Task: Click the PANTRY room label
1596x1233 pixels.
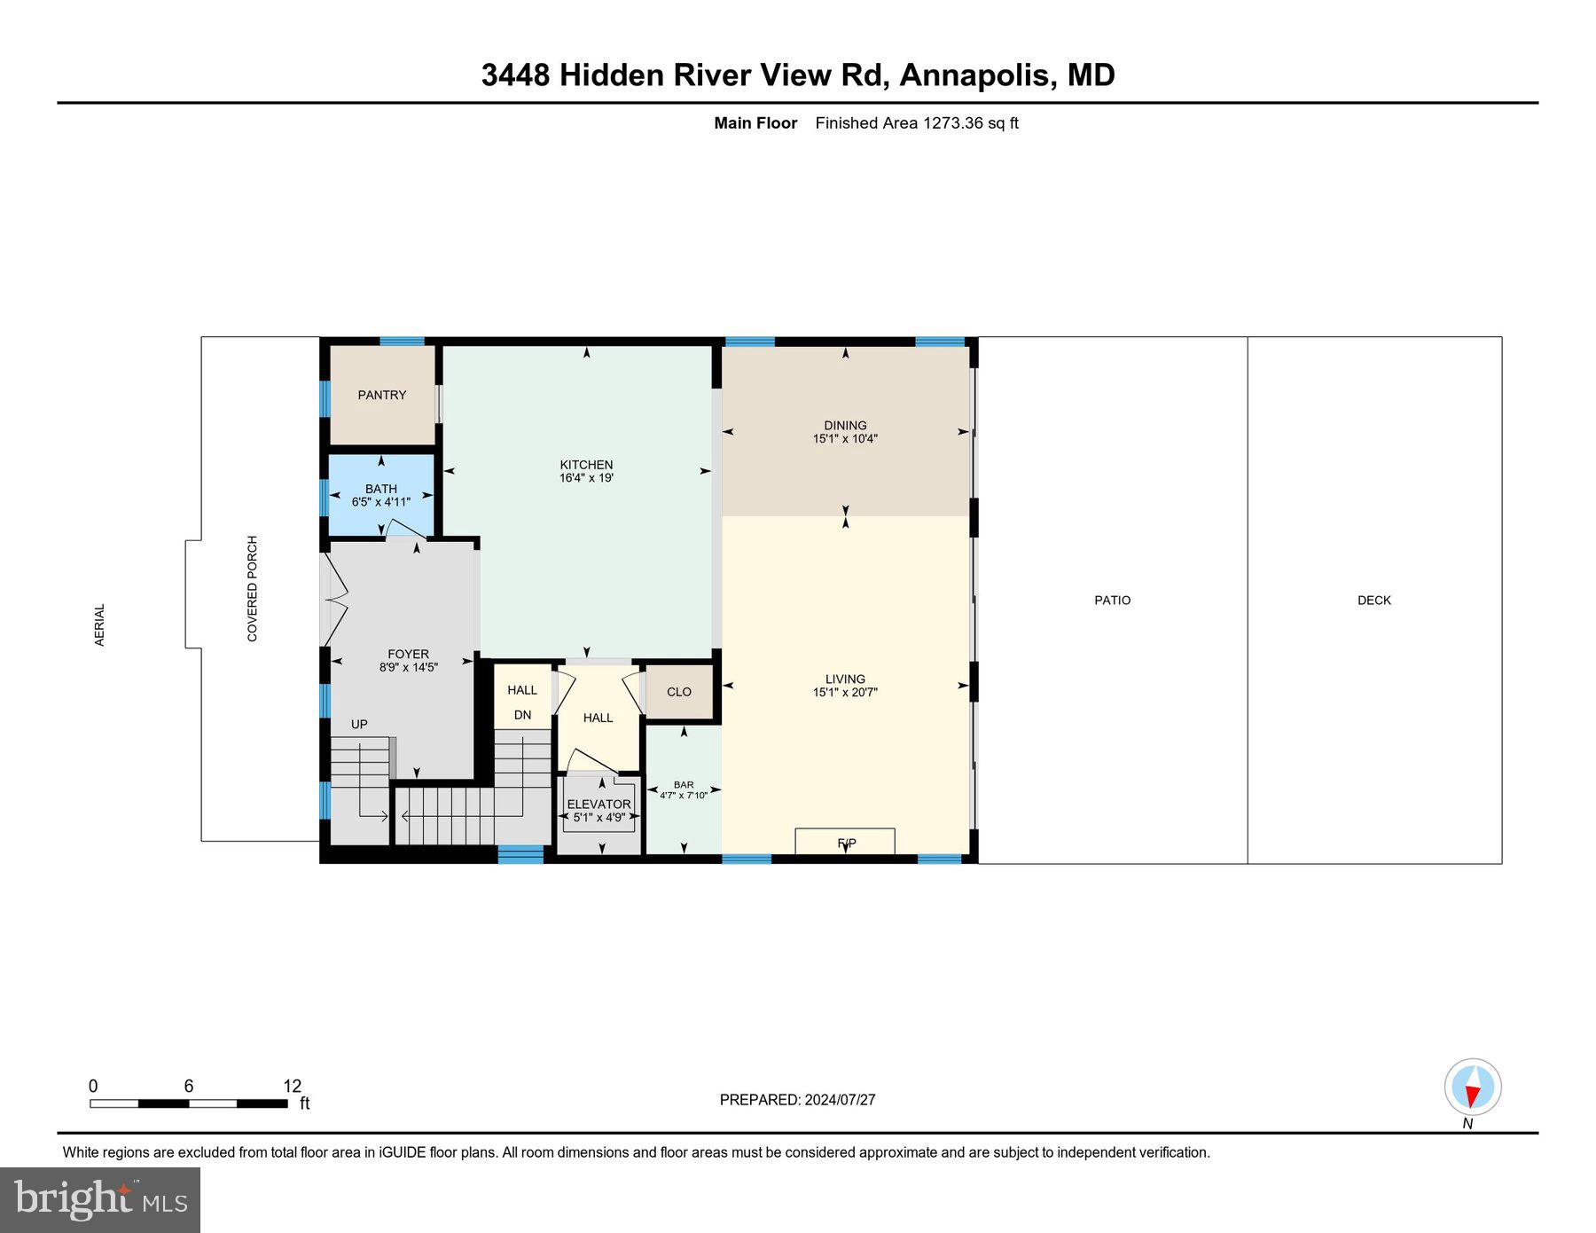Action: [x=382, y=395]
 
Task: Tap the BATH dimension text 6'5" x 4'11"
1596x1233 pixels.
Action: [x=381, y=502]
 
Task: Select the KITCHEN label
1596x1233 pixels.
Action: [x=586, y=465]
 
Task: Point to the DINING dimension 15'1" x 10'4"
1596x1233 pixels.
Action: [x=845, y=438]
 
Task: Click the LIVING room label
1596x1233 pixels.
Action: [x=845, y=679]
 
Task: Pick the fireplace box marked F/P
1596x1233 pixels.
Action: [x=845, y=842]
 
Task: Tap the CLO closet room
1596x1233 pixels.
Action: [x=679, y=692]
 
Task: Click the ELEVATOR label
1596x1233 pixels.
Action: [x=599, y=805]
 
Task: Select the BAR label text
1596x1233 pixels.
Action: [x=684, y=784]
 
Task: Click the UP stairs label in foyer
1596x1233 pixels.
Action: [x=359, y=724]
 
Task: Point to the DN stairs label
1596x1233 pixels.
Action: [x=522, y=715]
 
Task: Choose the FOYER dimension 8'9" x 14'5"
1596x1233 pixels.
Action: [x=409, y=667]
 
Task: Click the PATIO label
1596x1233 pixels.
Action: [x=1112, y=601]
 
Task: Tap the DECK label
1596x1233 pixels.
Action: [x=1374, y=601]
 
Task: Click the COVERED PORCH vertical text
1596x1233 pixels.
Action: [x=252, y=588]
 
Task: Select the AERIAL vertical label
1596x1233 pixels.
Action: [x=99, y=624]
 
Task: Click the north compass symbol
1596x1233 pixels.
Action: [x=1473, y=1088]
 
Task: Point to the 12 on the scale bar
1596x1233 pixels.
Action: [x=293, y=1086]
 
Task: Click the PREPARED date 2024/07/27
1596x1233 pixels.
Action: [x=840, y=1100]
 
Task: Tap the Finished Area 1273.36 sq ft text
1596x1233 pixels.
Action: [x=917, y=123]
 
